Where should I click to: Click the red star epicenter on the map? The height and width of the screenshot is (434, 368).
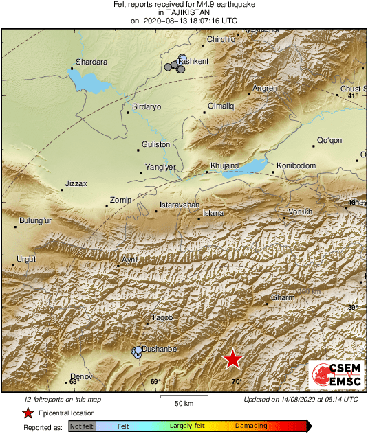pyautogui.click(x=233, y=359)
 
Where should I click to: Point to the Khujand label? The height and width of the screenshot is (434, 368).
pyautogui.click(x=224, y=165)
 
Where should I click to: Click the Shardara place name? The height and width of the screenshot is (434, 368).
pyautogui.click(x=91, y=62)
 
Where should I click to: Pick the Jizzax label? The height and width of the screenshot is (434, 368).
pyautogui.click(x=76, y=184)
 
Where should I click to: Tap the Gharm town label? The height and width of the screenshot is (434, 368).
pyautogui.click(x=283, y=297)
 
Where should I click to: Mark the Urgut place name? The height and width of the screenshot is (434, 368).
pyautogui.click(x=25, y=259)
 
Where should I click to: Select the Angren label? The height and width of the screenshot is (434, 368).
pyautogui.click(x=265, y=89)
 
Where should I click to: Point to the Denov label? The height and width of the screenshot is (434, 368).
pyautogui.click(x=81, y=376)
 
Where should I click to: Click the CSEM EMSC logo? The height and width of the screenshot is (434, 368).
pyautogui.click(x=335, y=376)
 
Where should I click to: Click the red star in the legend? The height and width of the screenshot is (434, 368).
pyautogui.click(x=28, y=413)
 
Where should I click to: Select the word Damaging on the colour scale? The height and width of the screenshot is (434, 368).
pyautogui.click(x=251, y=426)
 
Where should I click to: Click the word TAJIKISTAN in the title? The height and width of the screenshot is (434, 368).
pyautogui.click(x=184, y=12)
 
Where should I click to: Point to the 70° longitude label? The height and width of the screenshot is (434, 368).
pyautogui.click(x=236, y=382)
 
